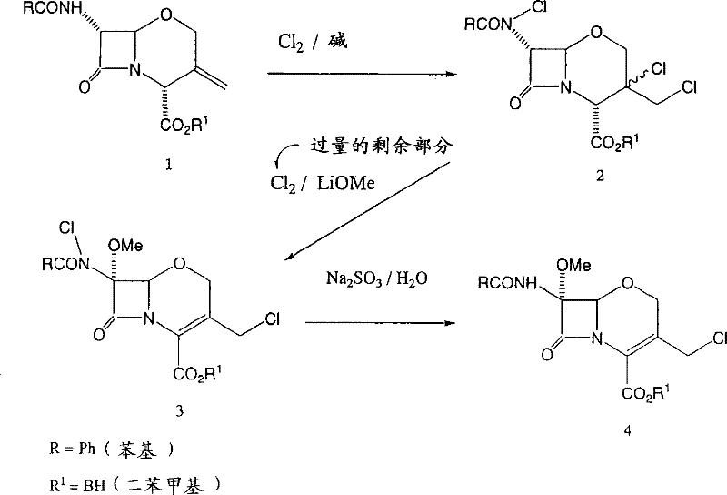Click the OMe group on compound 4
click(x=577, y=264)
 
